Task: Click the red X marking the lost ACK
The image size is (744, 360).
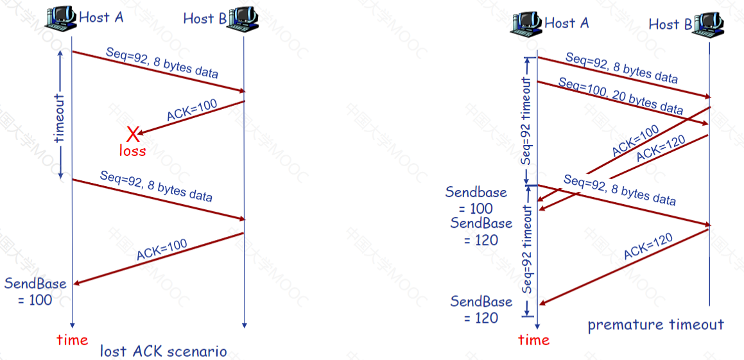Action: pos(134,135)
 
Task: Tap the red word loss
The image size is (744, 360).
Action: pos(132,151)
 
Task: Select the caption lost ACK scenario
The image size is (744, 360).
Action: pos(163,352)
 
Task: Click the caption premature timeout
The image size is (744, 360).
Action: pos(656,325)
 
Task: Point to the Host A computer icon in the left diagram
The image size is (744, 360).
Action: pos(60,19)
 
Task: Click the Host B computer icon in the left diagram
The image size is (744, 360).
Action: pos(243,20)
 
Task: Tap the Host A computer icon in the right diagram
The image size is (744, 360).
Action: pos(526,22)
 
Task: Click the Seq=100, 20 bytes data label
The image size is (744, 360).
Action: pos(620,98)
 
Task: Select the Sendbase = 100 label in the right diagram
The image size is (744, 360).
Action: pos(476,200)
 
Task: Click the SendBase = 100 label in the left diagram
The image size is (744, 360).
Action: pos(35,292)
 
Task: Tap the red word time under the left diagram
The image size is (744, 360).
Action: pos(72,339)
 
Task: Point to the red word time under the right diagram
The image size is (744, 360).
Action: pos(534,339)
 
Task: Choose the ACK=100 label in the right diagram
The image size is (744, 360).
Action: pos(636,141)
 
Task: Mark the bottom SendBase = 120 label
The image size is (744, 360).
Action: pos(481,309)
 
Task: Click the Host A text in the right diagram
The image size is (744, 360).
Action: pos(567,22)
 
